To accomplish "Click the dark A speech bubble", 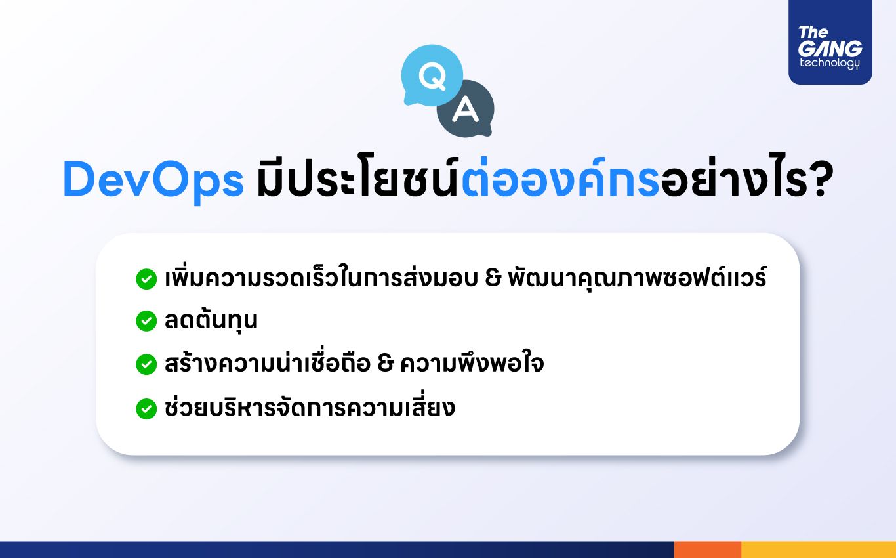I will (x=465, y=109).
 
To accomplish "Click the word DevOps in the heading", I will (x=153, y=180).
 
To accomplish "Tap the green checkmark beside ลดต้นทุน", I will (x=146, y=321).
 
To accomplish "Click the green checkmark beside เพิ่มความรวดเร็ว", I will (x=146, y=279).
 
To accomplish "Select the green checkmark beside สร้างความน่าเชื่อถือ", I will (x=146, y=364).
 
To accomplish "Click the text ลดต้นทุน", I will (x=211, y=320).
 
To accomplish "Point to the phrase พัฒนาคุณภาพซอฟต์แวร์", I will (x=637, y=278).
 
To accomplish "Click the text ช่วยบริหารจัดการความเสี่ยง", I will (x=310, y=408).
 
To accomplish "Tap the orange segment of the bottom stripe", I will (x=707, y=549).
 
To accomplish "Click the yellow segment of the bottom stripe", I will (x=818, y=549).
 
